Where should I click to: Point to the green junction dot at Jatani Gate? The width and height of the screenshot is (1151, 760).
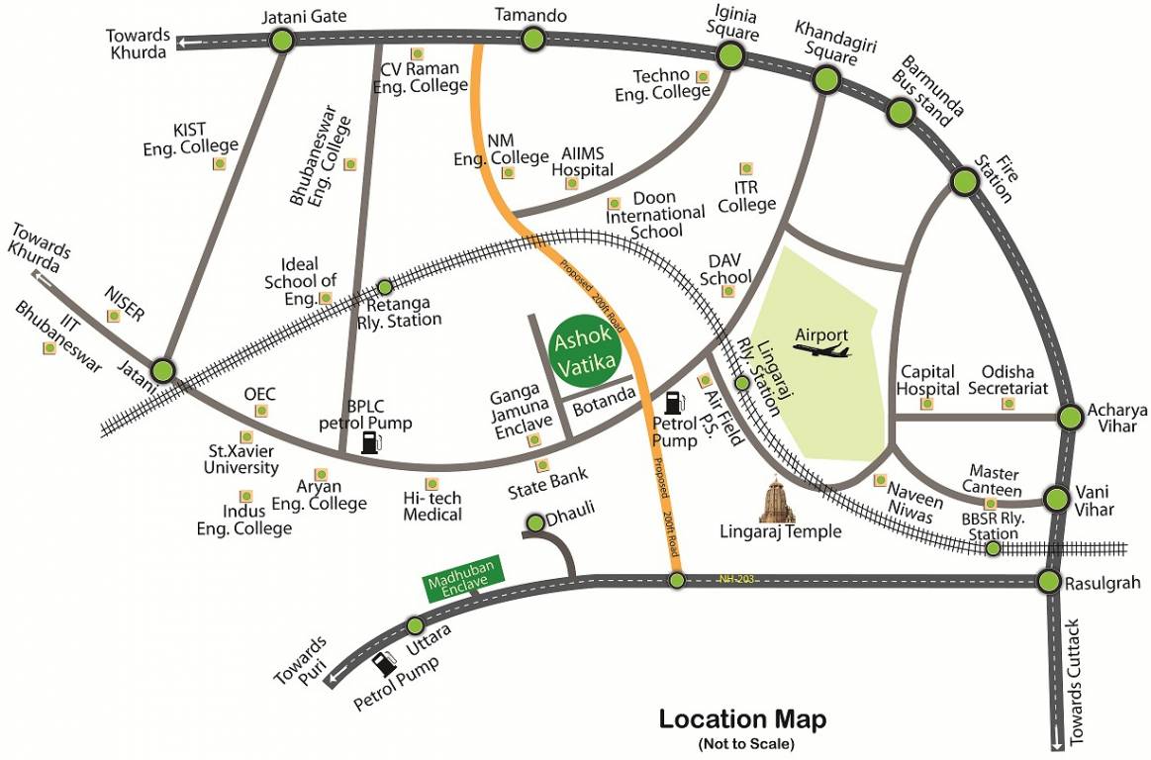[x=282, y=41]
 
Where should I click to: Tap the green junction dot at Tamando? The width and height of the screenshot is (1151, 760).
[x=533, y=40]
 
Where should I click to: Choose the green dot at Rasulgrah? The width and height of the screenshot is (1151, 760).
[x=1050, y=581]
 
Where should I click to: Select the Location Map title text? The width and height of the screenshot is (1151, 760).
[x=742, y=719]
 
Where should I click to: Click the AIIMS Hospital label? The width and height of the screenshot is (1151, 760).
[x=584, y=161]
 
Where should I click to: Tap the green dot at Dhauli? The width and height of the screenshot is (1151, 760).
[x=534, y=522]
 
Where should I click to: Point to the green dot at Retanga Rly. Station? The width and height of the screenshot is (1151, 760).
[x=385, y=288]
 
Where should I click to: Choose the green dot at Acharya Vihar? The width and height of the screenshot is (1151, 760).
[x=1070, y=417]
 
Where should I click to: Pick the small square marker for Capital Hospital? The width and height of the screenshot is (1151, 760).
[x=927, y=404]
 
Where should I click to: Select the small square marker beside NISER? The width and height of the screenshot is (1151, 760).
[x=114, y=316]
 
